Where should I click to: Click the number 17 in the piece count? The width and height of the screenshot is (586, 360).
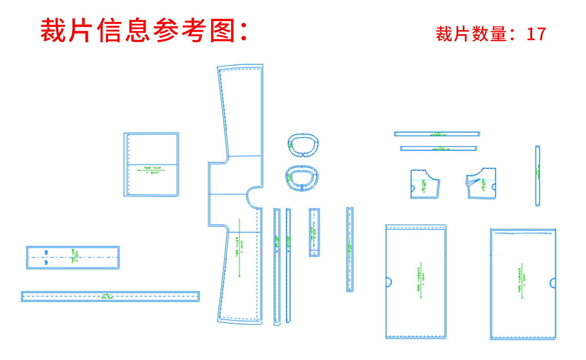[x=536, y=34]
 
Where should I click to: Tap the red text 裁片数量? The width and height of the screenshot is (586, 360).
[x=471, y=34]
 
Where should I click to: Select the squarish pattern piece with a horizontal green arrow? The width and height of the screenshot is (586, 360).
[x=151, y=164]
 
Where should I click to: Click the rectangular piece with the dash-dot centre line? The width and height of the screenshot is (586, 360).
[x=73, y=258]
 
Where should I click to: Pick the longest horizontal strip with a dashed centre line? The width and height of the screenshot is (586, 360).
[x=110, y=296]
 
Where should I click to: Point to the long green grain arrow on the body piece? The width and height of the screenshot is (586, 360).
[x=239, y=248]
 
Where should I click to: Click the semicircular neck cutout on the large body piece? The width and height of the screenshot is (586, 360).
[x=253, y=198]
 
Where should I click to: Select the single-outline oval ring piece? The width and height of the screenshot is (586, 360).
[x=303, y=145]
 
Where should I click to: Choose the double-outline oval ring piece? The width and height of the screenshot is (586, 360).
[x=302, y=178]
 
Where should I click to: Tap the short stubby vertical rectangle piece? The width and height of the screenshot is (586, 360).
[x=314, y=232]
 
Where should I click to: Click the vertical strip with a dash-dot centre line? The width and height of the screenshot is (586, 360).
[x=350, y=249]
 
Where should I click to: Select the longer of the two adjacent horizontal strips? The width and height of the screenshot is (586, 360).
[x=437, y=134]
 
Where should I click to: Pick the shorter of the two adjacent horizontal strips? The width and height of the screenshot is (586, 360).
[x=438, y=149]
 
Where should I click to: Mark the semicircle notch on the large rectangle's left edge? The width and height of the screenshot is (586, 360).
[x=389, y=282]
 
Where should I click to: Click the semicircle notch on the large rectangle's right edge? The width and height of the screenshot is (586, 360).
[x=553, y=283]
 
